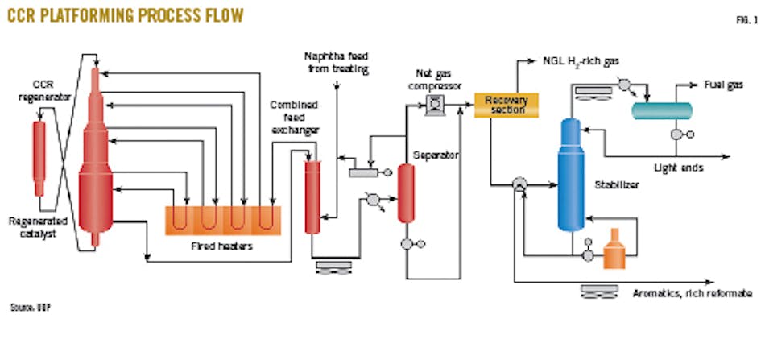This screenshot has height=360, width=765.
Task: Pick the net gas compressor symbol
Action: (434, 103)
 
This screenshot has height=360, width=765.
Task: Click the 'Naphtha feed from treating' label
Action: (336, 63)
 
